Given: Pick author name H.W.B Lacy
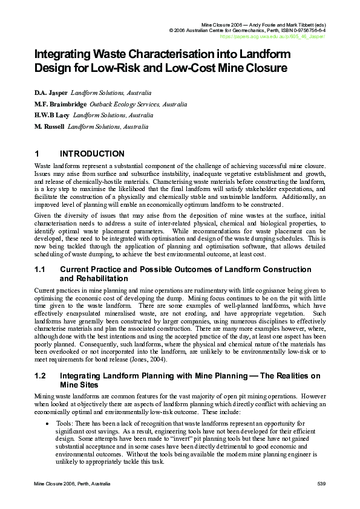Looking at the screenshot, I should (52, 115).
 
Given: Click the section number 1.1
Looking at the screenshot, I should (40, 270).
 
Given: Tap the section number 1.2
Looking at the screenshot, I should (40, 376).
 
